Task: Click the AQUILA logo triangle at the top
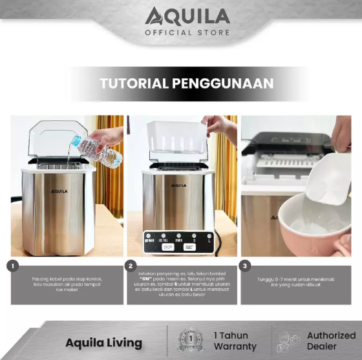click(154, 16)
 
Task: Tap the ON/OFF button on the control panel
click(168, 246)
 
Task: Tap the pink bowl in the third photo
click(304, 226)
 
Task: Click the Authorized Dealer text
click(331, 341)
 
